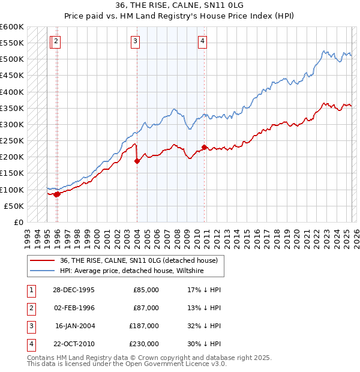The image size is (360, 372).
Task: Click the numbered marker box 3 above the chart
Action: [x=136, y=41]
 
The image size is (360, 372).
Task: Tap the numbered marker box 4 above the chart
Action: [x=203, y=41]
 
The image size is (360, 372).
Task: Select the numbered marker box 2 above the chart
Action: [x=55, y=41]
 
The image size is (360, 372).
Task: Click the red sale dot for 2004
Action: [x=137, y=161]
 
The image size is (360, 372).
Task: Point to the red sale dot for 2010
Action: [x=205, y=147]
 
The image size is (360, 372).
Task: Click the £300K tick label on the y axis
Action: [x=13, y=124]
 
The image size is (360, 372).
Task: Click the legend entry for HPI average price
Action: [x=132, y=271]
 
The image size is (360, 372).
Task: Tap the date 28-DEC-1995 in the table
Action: [x=74, y=290]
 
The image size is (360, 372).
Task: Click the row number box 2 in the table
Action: [x=29, y=308]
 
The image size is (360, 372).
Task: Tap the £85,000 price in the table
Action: [x=146, y=290]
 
